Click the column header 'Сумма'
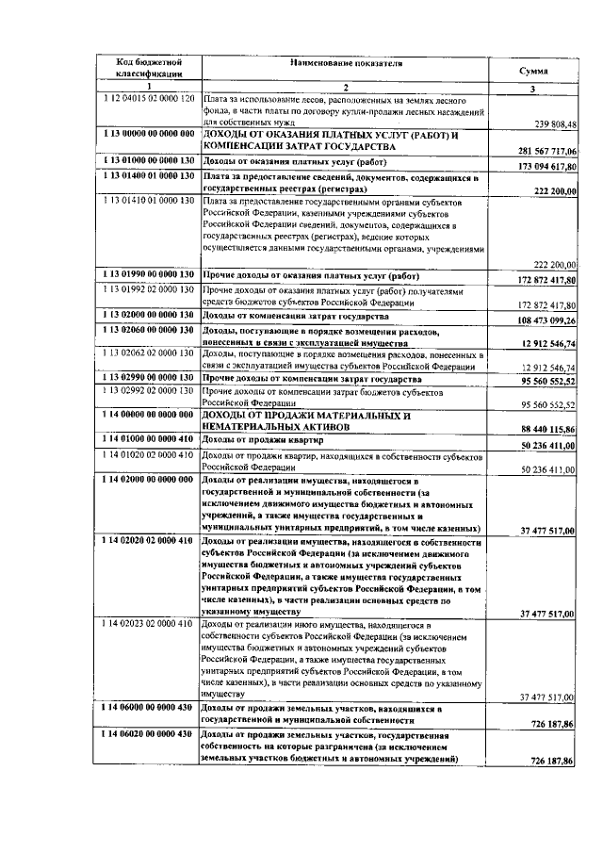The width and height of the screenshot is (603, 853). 533,71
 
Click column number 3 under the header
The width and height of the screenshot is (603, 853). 533,89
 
